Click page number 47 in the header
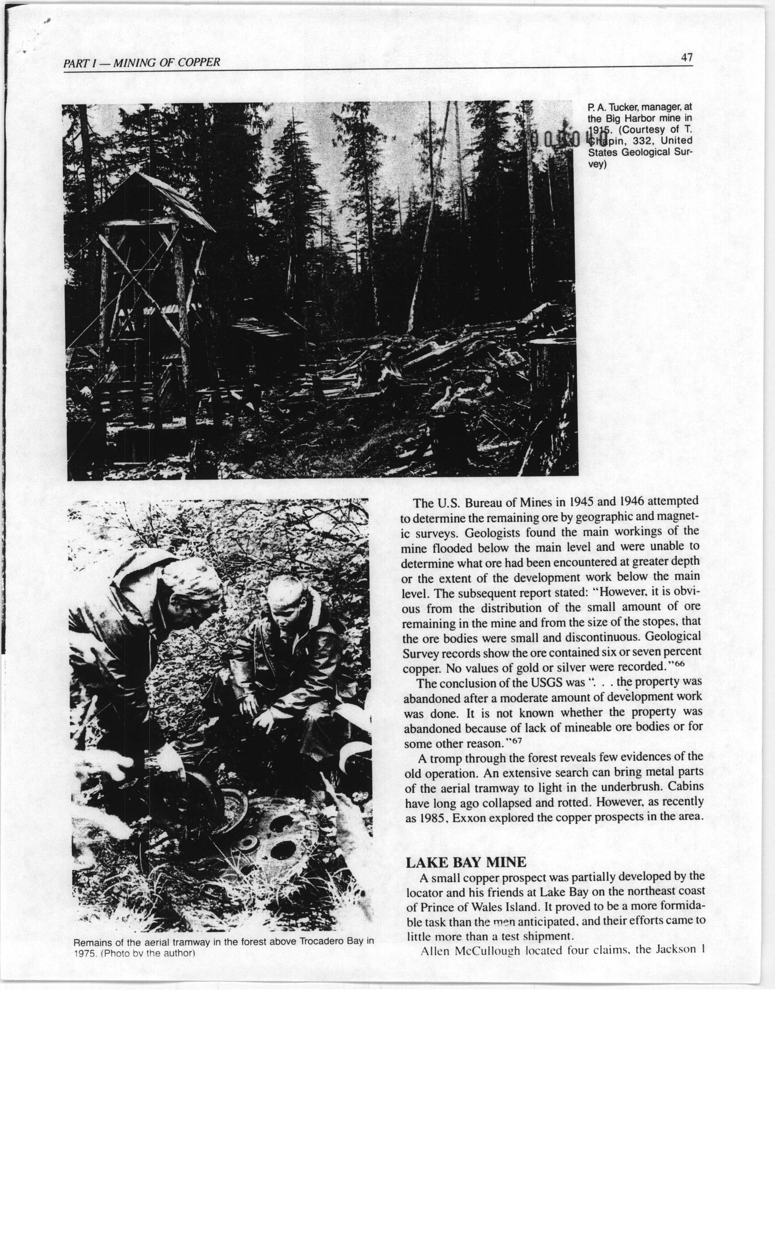pos(687,57)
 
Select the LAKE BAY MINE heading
pos(466,862)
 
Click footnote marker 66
pos(679,663)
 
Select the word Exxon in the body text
pos(469,818)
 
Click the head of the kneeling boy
pos(288,597)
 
